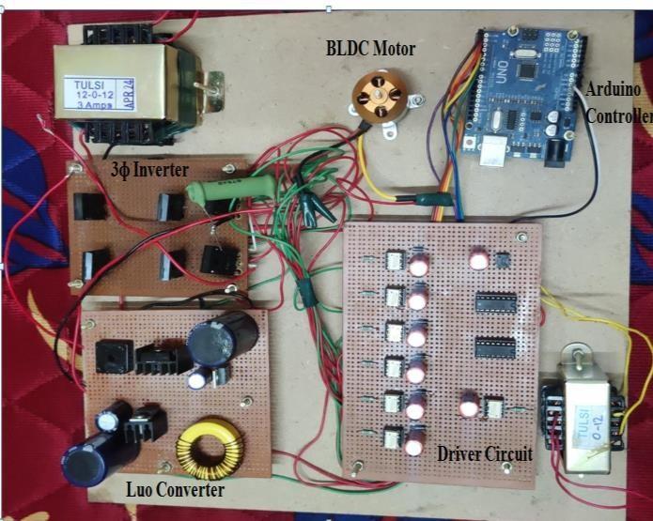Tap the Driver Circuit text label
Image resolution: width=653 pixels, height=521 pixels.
[x=484, y=454]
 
